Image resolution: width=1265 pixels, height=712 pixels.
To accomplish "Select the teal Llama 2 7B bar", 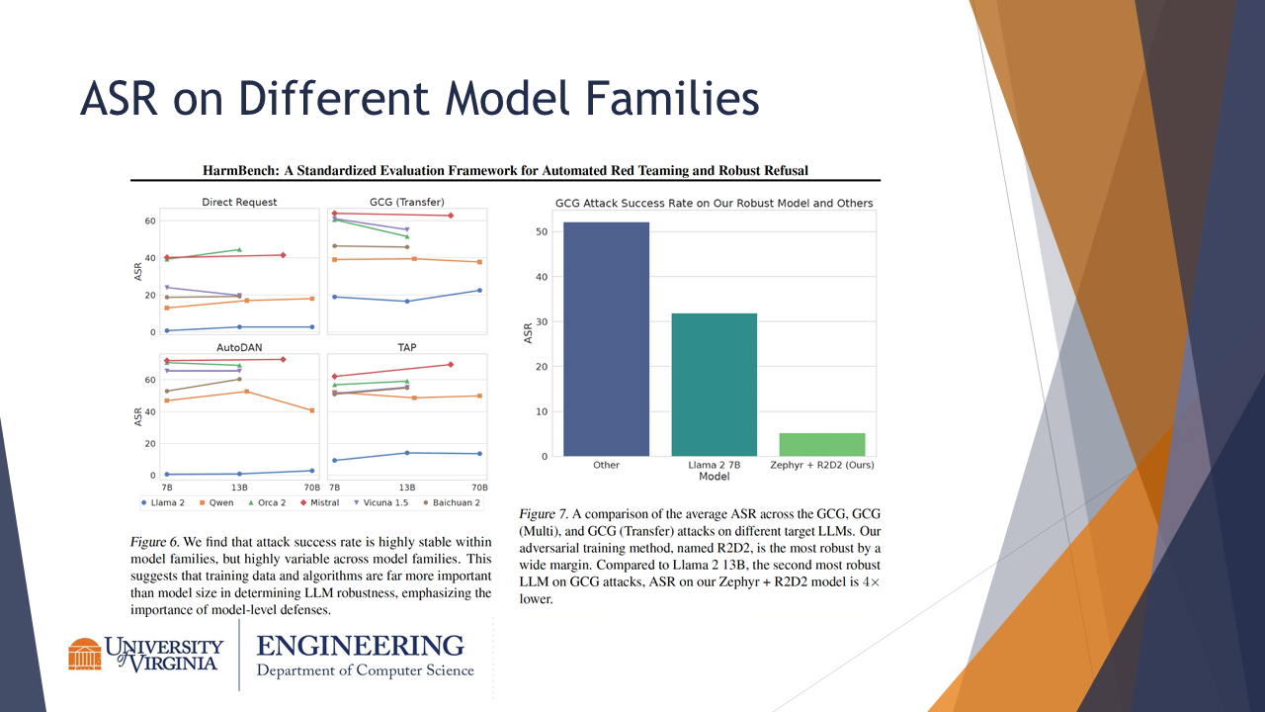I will click(714, 385).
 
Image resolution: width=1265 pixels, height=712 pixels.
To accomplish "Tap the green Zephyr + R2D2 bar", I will click(821, 444).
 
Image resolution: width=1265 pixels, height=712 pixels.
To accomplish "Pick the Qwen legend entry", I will click(217, 502).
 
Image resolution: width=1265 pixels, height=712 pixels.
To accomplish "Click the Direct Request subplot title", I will click(239, 202).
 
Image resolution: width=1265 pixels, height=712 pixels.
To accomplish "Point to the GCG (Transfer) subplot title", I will click(406, 202).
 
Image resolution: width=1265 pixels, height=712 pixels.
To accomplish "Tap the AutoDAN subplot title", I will click(239, 348).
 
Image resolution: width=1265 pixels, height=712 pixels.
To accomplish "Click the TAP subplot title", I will click(406, 348).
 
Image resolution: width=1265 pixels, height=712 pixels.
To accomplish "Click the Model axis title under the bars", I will click(714, 476).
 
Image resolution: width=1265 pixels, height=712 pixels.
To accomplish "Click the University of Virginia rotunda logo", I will click(85, 655).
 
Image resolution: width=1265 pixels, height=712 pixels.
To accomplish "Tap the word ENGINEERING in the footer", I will click(360, 646).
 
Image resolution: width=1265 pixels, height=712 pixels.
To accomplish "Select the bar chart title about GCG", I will click(714, 203).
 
